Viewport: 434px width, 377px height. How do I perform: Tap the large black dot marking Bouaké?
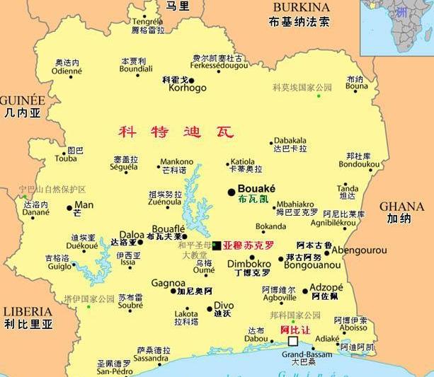click(x=232, y=192)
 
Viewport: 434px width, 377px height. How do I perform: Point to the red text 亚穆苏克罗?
click(x=248, y=246)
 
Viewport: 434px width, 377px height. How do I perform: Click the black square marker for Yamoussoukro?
click(x=216, y=245)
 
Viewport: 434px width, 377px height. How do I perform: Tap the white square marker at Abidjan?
click(x=292, y=340)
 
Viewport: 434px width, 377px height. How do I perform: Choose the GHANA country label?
click(x=402, y=207)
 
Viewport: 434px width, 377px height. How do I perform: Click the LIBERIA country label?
click(x=28, y=311)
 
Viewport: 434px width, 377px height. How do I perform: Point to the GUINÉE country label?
click(x=23, y=100)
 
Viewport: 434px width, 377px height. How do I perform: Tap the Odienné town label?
click(x=67, y=71)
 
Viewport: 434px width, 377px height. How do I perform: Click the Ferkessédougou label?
click(x=218, y=66)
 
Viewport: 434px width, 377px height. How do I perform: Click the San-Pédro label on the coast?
click(x=113, y=371)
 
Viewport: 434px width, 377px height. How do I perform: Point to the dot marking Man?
click(x=69, y=208)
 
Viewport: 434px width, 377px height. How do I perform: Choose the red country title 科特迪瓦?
click(x=175, y=132)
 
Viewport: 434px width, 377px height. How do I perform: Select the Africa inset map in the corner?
click(x=396, y=27)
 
